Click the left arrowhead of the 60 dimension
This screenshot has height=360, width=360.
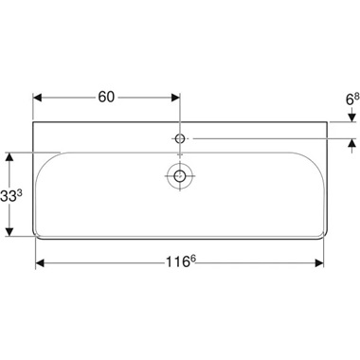point(40,96)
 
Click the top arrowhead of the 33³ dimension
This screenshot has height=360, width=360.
point(11,153)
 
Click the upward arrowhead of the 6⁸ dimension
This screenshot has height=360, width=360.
point(351,144)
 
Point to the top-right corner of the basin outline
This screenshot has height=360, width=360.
point(327,121)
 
